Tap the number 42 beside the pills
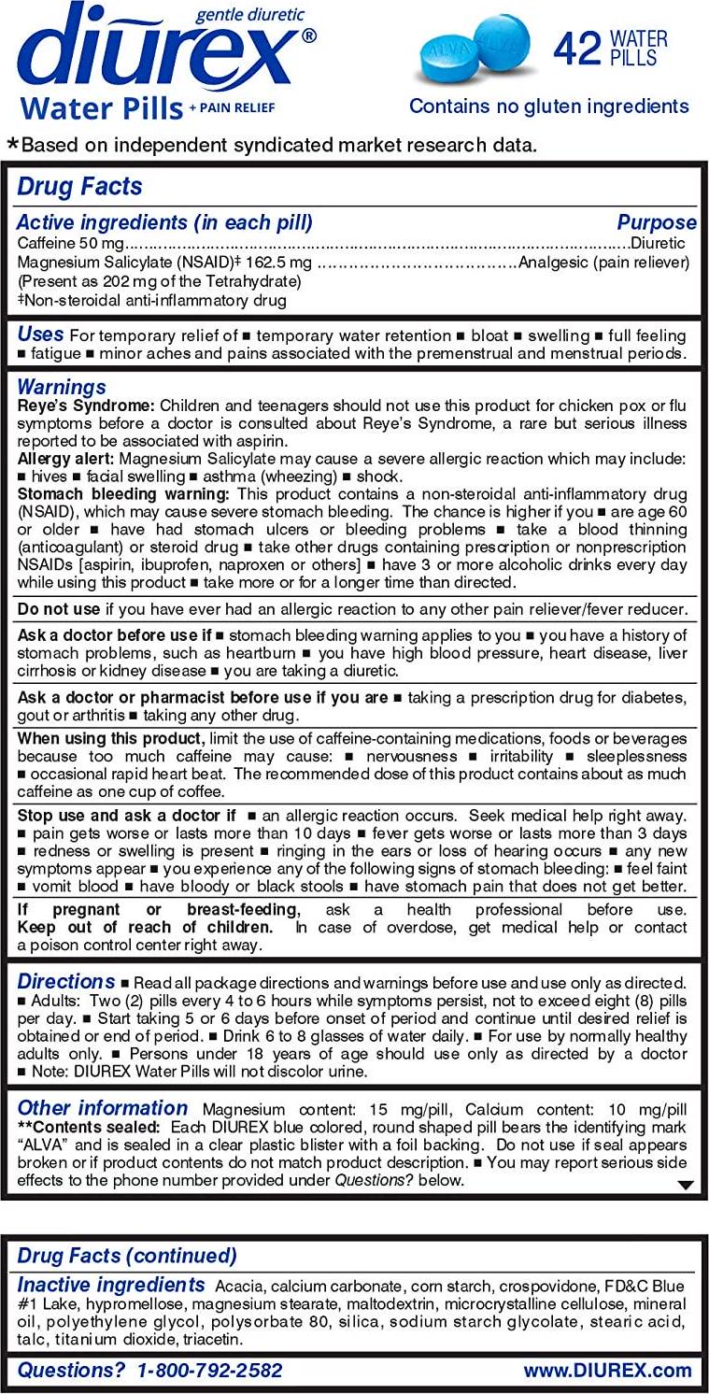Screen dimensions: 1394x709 pos(576,49)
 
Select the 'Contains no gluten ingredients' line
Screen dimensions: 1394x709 pos(548,106)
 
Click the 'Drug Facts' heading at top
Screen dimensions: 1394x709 pos(79,186)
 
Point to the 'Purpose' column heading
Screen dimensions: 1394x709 pos(656,222)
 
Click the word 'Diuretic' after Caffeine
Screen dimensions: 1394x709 pos(659,243)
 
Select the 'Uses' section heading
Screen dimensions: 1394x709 pos(40,334)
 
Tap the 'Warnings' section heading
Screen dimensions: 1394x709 pos(62,387)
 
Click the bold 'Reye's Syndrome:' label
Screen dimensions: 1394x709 pos(86,405)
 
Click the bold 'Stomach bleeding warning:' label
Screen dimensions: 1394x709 pos(125,493)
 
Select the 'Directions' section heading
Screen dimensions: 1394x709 pos(66,982)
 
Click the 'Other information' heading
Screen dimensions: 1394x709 pos(102,1108)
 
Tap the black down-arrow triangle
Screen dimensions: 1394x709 pos(686,1185)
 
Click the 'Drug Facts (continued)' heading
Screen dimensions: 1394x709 pos(127,1255)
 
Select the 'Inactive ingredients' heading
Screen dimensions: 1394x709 pos(110,1285)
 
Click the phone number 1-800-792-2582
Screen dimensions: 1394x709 pos(209,1371)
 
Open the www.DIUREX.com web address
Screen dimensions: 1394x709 pos(607,1371)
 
